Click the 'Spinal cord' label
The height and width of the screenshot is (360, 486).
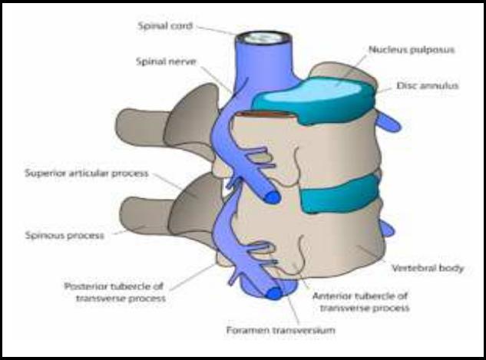coord(165,26)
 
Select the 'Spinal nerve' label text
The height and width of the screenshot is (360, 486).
coord(166,61)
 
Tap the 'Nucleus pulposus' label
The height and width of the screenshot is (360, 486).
coord(412,50)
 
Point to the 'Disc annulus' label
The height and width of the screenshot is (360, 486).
coord(427,85)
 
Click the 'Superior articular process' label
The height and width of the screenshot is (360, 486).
coord(87,173)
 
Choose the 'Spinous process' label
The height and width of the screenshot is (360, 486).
coord(64,236)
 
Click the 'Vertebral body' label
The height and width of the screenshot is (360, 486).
coord(428,268)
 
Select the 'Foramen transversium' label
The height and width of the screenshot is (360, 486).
coord(281,330)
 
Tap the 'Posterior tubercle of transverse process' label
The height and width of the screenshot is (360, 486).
coord(114,292)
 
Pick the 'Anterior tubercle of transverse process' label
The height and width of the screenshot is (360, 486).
coord(361,302)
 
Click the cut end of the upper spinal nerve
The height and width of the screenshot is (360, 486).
coord(272,197)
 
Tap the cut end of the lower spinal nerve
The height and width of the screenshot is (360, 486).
coord(274,292)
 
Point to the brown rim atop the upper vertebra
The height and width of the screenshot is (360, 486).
coord(266,114)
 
